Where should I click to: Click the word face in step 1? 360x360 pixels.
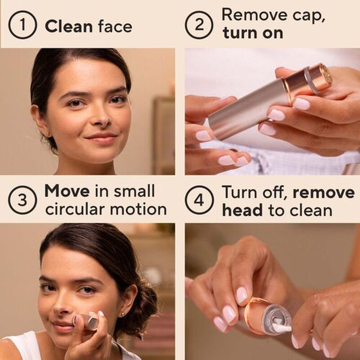point(115,26)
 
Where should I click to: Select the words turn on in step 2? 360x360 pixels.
point(252,33)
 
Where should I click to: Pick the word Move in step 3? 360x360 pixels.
point(67,191)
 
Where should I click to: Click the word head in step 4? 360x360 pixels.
point(242,210)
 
